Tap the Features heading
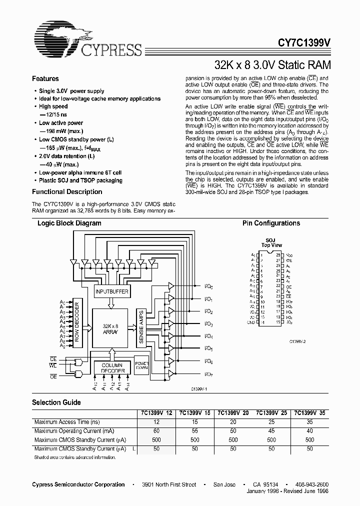point(45,79)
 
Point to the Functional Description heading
point(67,192)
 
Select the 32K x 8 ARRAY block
point(112,327)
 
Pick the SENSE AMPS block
point(141,327)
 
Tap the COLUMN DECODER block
point(112,368)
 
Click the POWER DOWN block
point(141,365)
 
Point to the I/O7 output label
point(209,374)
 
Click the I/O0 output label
point(209,286)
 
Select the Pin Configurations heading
point(271,223)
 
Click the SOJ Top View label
point(271,243)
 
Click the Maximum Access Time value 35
point(310,422)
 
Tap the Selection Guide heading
point(56,402)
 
